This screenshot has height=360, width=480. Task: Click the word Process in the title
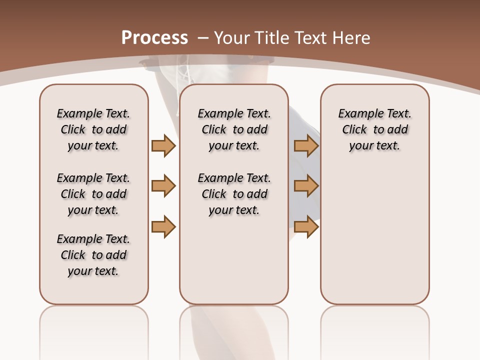[154, 38]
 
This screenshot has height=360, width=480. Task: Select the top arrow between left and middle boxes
[163, 145]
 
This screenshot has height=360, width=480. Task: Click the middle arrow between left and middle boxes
[163, 186]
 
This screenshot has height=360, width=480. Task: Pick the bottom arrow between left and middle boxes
[163, 226]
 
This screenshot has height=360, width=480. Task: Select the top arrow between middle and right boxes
[306, 145]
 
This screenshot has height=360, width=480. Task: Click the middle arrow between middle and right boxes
[306, 186]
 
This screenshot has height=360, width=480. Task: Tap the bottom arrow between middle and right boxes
[306, 226]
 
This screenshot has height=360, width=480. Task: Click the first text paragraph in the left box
[93, 129]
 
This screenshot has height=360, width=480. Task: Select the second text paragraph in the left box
[93, 194]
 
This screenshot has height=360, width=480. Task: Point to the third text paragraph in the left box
[93, 255]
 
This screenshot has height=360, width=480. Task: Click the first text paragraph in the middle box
[234, 129]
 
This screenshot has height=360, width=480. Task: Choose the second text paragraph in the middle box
[234, 194]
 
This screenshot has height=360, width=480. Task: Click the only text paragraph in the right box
[374, 129]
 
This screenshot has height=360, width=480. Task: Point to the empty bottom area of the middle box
[234, 265]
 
